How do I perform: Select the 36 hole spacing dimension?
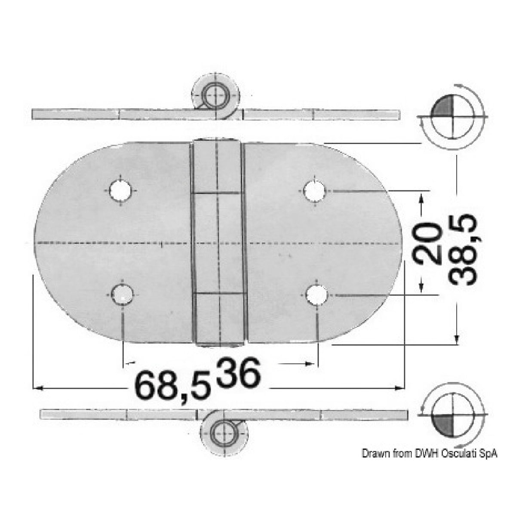tap(239, 372)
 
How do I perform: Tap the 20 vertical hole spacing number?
tap(428, 243)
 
